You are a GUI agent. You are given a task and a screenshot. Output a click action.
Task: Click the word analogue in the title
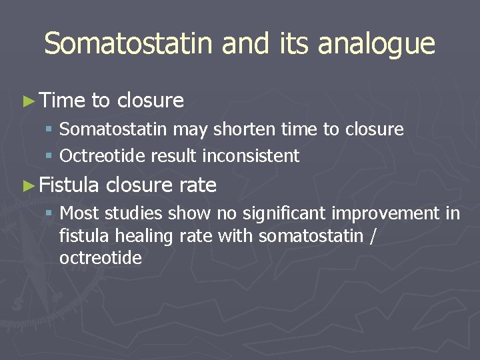click(377, 45)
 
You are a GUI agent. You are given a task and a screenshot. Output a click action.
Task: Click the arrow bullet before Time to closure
click(27, 101)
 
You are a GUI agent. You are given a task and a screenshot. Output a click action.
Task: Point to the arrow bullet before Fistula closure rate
click(27, 185)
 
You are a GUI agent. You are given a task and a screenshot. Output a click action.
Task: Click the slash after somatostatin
click(371, 236)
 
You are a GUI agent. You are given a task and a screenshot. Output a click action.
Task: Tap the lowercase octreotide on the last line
click(101, 258)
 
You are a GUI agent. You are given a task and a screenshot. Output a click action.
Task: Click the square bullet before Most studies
click(49, 214)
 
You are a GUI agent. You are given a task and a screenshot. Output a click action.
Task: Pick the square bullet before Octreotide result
click(49, 157)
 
